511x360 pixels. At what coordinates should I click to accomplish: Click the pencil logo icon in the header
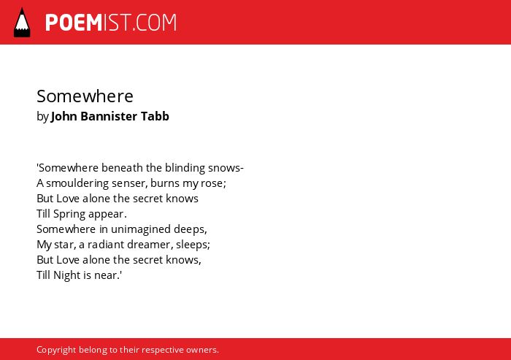[22, 23]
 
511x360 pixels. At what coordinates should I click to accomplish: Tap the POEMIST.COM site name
[111, 23]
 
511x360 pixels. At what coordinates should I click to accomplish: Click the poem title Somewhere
[85, 96]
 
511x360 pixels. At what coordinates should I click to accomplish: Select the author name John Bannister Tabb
[109, 116]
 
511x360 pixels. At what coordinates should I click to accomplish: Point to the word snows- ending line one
[226, 168]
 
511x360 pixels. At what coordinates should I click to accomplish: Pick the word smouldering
[77, 183]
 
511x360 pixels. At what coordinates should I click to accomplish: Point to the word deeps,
[191, 229]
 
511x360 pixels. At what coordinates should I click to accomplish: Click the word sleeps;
[193, 245]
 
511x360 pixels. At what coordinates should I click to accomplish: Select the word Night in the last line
[67, 275]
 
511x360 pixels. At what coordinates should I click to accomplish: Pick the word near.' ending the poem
[108, 275]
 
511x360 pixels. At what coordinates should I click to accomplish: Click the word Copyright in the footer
[56, 350]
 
